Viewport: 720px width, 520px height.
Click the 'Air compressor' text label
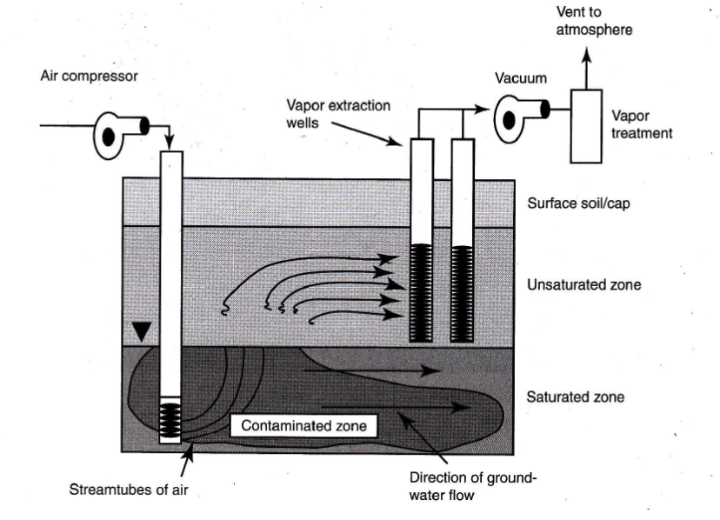pos(89,76)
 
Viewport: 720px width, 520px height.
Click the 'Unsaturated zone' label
pos(579,285)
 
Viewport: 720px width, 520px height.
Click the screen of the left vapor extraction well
pos(423,292)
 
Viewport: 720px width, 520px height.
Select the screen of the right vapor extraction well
pos(462,292)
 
